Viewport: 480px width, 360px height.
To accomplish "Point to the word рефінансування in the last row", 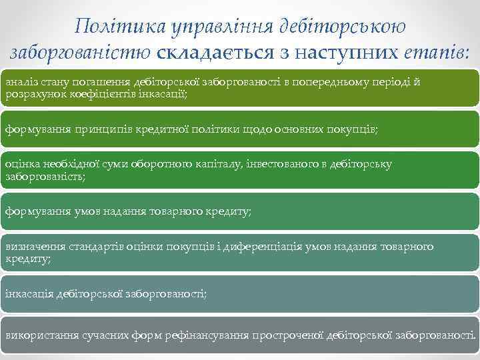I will [x=202, y=336].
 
